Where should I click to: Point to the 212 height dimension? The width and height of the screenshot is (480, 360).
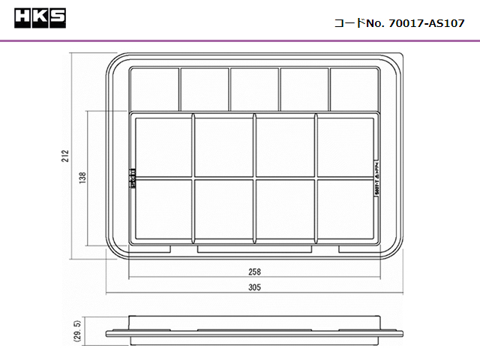(66, 156)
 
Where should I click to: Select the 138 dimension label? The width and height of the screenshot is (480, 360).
(82, 178)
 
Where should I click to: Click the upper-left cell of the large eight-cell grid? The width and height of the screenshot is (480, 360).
(163, 147)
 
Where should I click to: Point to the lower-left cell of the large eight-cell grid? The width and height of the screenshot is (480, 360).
(163, 210)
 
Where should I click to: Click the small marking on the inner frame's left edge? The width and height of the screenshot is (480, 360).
(133, 178)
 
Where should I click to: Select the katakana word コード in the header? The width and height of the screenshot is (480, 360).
(349, 23)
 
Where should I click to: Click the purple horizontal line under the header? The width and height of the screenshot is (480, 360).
(240, 39)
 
